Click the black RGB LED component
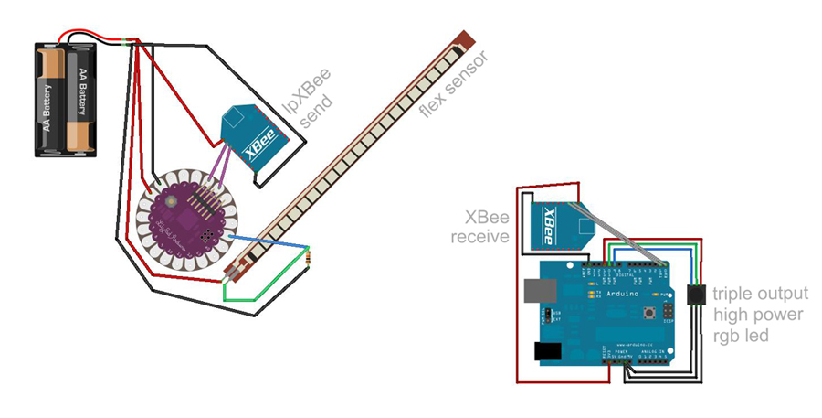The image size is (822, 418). pyautogui.click(x=696, y=295)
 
